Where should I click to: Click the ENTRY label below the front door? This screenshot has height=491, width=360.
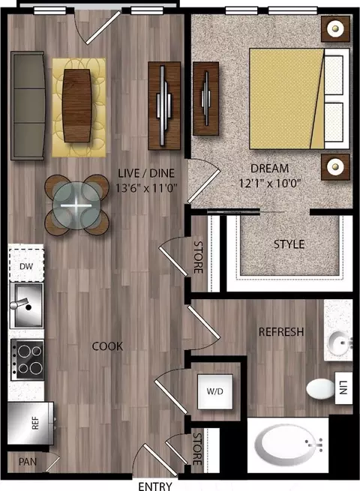coord(155,486)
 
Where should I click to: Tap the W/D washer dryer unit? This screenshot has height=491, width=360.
coord(215,391)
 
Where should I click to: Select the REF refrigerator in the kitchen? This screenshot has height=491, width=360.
coord(30,423)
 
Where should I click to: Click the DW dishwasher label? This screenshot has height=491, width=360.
coord(26,266)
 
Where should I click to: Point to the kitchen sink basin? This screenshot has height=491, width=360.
coord(26,305)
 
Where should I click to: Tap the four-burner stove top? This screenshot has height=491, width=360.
coord(27,360)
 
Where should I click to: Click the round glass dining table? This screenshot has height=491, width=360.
coord(76,205)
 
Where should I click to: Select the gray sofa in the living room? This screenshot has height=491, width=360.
coord(28,106)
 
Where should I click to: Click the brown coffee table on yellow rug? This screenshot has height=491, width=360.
coord(76,106)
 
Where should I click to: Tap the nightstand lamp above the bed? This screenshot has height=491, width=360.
coord(335,28)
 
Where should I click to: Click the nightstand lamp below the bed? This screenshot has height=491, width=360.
coord(335,166)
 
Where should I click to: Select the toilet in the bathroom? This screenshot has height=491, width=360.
coord(320,389)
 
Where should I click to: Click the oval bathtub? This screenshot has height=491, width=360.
coord(288,445)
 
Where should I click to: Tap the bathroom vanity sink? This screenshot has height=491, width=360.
coord(339,344)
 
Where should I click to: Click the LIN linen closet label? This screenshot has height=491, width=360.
coord(343,388)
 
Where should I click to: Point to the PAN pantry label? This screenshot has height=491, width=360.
coord(28,462)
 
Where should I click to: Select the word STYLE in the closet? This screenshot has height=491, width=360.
coord(289,244)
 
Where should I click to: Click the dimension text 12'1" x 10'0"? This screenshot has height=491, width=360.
coord(270,183)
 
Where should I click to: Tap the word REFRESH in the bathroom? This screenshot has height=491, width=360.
coord(281,332)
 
